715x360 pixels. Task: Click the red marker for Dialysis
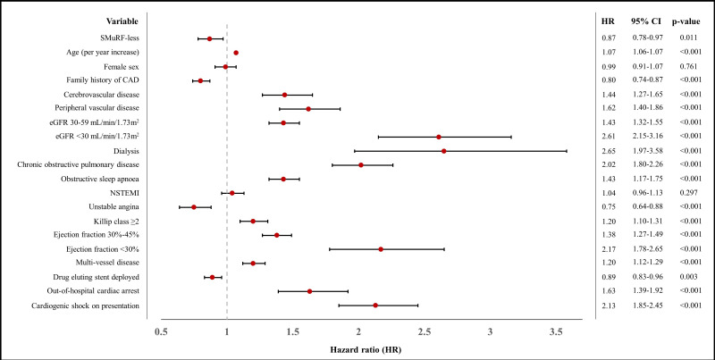click(443, 151)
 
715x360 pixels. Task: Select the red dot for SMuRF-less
click(209, 38)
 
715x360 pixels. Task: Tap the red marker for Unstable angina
click(194, 207)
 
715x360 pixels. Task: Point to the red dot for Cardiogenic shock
click(375, 306)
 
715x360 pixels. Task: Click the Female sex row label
click(122, 66)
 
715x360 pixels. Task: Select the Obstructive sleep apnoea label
click(100, 179)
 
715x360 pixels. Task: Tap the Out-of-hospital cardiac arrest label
click(93, 290)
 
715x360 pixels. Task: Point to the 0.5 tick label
click(161, 331)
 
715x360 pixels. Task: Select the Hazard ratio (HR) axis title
click(364, 350)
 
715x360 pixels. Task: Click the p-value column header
click(686, 21)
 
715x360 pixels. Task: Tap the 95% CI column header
click(647, 21)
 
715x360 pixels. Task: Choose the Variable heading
click(122, 21)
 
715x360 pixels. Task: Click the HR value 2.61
click(609, 137)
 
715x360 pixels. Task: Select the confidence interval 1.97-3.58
click(647, 150)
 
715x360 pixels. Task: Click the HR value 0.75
click(609, 206)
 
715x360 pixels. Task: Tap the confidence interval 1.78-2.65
click(647, 249)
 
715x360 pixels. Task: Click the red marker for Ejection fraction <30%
click(381, 249)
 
